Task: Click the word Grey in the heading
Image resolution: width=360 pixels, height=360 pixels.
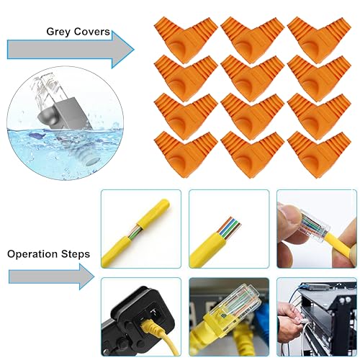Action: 58,32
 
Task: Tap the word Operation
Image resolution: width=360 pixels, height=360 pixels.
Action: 32,254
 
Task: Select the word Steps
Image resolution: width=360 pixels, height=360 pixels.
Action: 75,254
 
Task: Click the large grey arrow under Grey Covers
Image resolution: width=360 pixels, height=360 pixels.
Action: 71,50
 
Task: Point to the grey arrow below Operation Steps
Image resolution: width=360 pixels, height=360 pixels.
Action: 51,276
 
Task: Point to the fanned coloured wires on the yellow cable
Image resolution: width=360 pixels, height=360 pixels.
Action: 230,228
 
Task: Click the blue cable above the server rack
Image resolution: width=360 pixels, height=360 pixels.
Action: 293,296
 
